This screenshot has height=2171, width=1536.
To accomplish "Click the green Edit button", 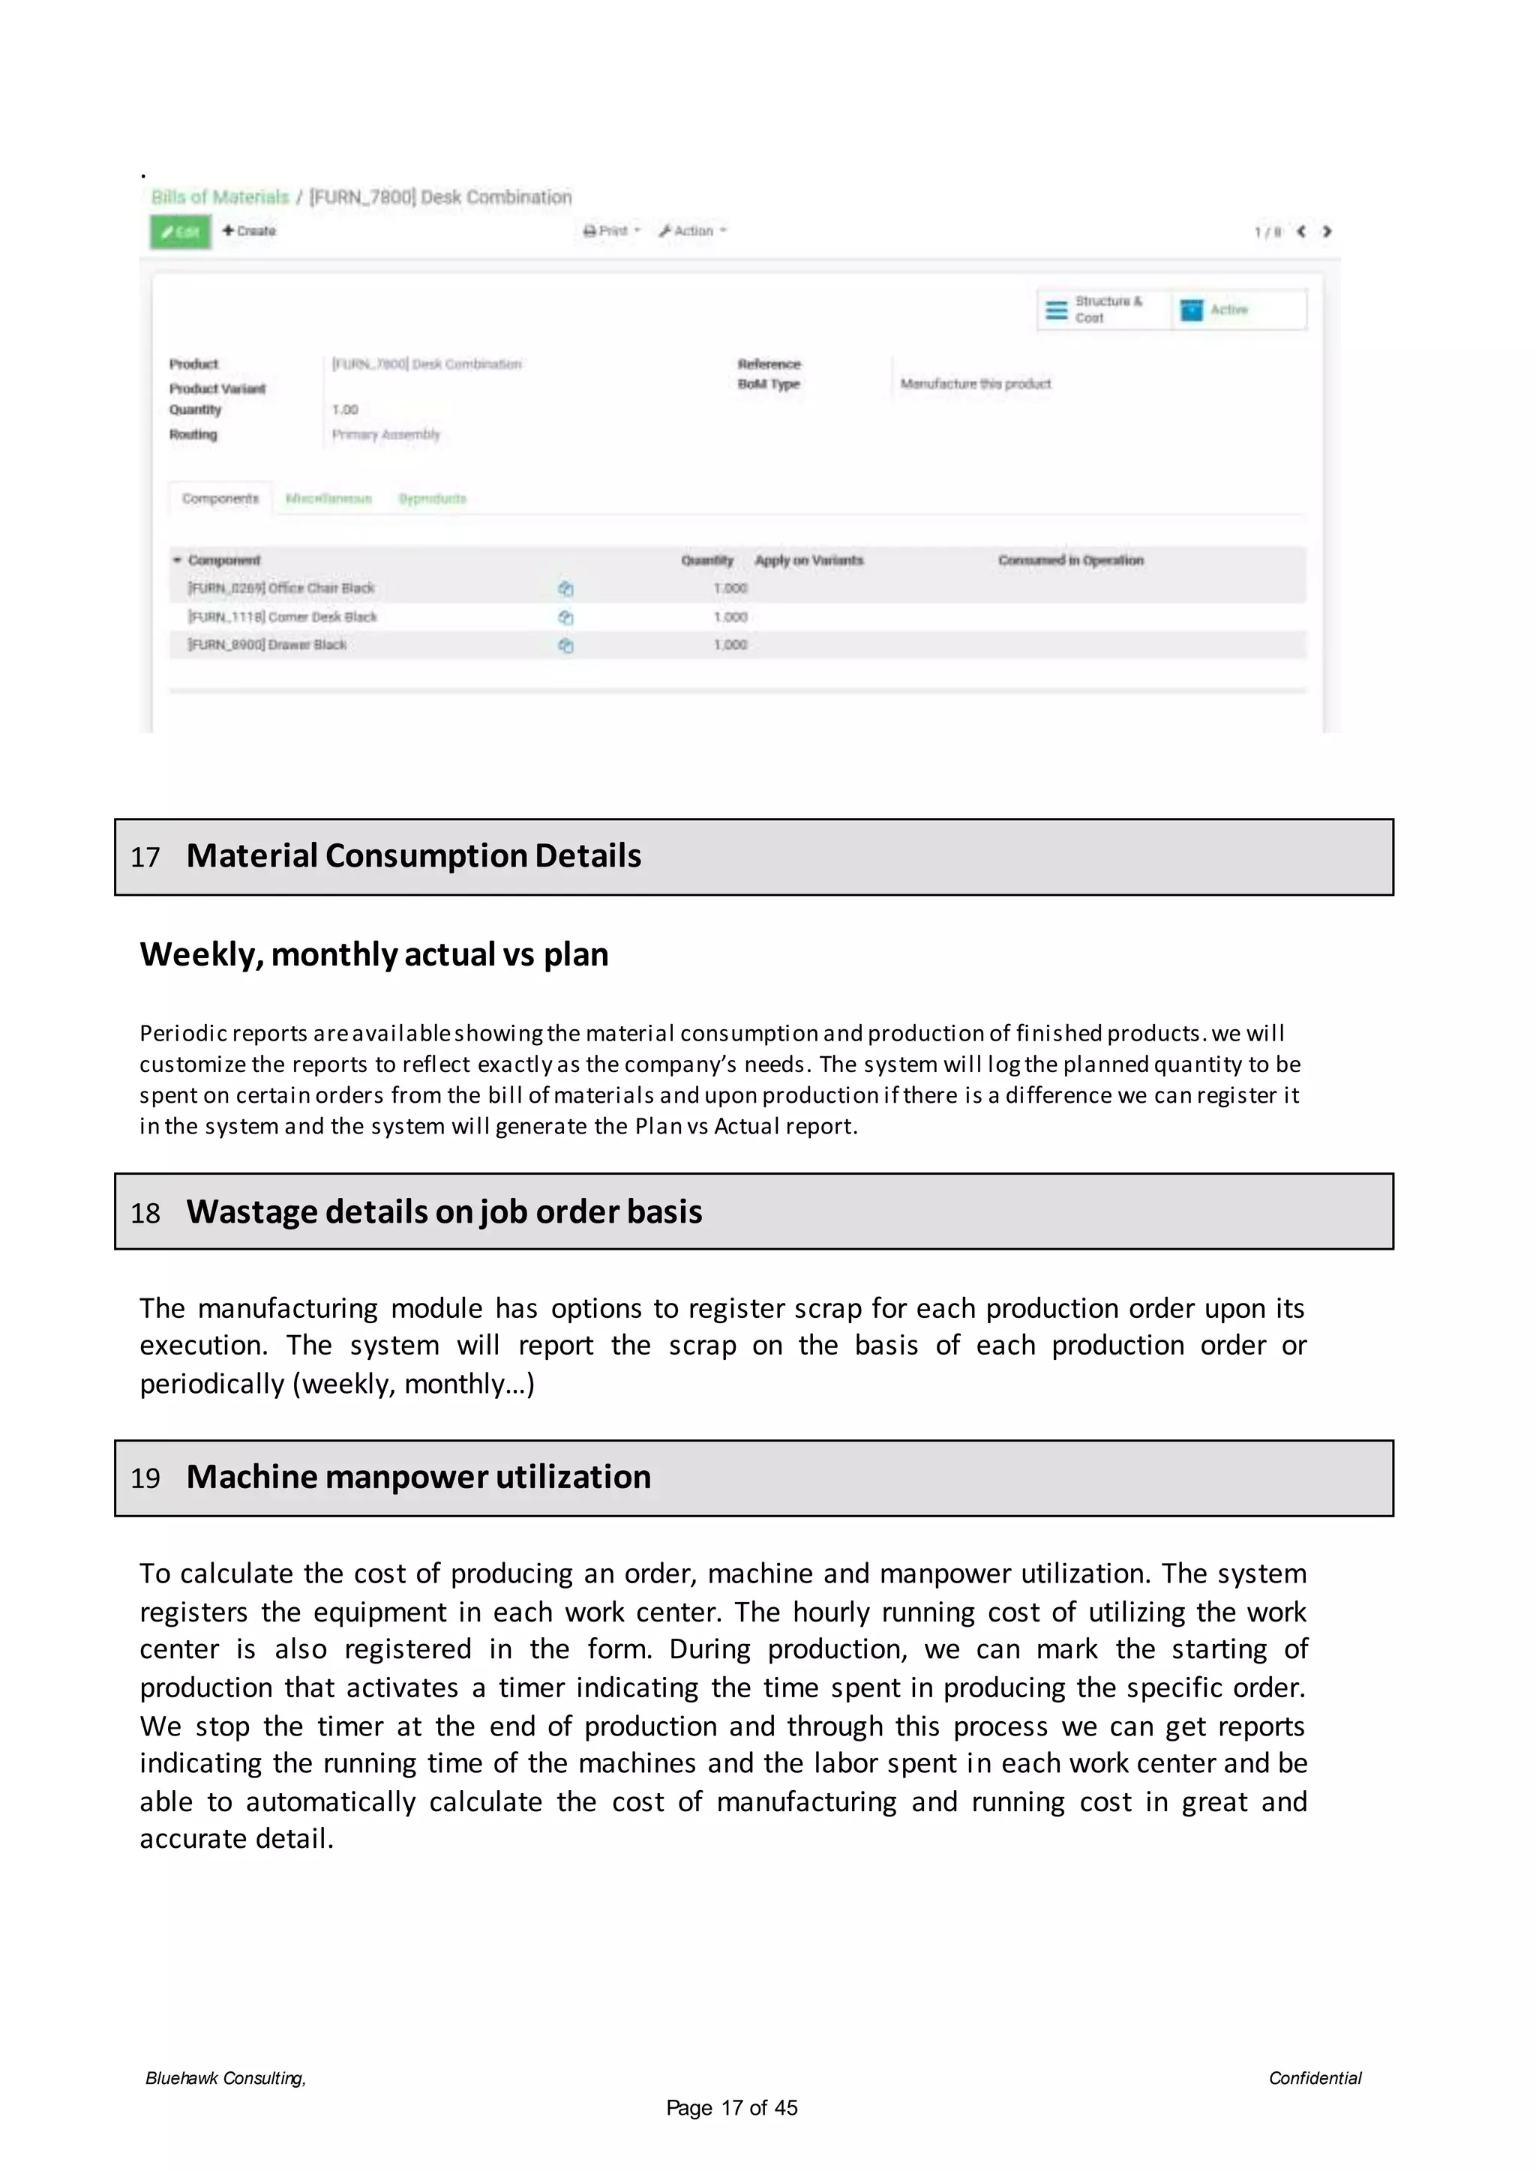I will [180, 232].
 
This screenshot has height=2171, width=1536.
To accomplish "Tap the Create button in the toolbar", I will [249, 231].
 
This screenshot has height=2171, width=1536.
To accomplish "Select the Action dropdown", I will [693, 231].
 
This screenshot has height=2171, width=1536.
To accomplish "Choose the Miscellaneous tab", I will [328, 499].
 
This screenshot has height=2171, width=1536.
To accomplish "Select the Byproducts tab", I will [432, 499].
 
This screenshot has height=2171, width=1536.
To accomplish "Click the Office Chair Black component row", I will [281, 588].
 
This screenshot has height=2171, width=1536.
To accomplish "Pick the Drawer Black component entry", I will [268, 645].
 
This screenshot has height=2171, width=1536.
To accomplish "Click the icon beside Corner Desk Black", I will [565, 618].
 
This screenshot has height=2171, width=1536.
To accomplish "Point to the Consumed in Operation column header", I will [1071, 561].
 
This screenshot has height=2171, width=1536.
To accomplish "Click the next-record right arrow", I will [1326, 232].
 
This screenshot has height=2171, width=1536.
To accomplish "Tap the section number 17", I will [145, 858].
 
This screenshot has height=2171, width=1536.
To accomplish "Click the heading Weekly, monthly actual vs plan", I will [373, 954].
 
